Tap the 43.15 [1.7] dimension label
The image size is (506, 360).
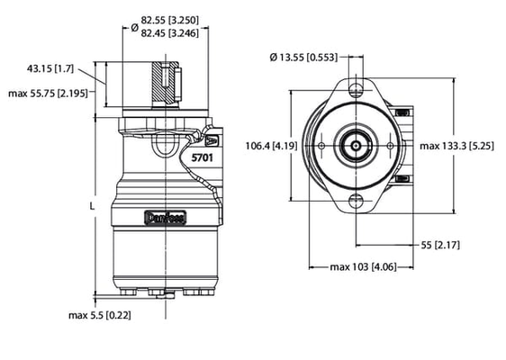(52, 68)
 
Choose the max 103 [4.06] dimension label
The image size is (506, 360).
(358, 266)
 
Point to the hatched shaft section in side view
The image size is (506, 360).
(166, 83)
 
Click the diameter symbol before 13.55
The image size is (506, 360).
(275, 58)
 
